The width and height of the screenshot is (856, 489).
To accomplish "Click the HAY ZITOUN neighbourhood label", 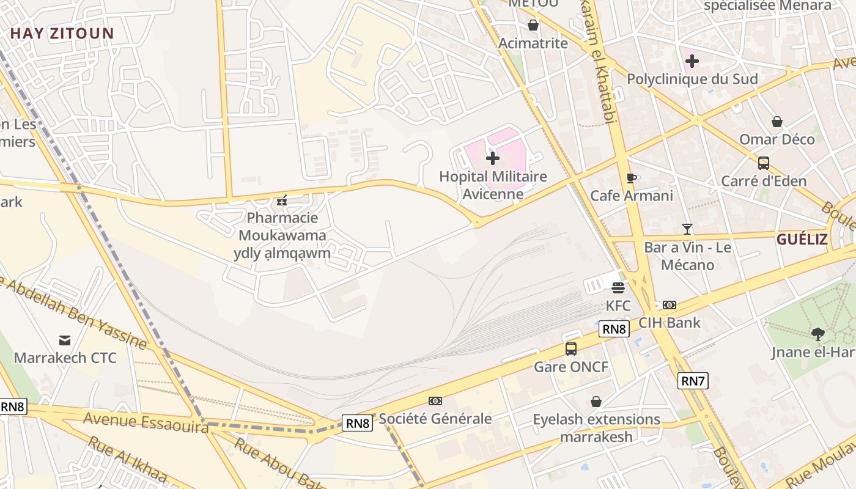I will coord(62,34).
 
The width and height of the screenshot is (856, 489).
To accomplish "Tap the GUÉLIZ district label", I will coord(802,239).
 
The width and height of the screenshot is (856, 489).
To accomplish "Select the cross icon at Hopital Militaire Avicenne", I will coord(492,159).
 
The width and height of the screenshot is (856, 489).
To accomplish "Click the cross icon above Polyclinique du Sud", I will coord(692,61).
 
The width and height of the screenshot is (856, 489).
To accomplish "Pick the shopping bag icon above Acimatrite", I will coord(533,25).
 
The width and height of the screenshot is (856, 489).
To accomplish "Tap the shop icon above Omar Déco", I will coord(777,122).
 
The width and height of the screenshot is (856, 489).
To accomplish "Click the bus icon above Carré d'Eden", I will coord(763,163).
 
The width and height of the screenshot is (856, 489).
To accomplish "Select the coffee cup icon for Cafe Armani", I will coord(632,178).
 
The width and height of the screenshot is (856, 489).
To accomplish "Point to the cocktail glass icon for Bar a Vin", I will coord(687,229).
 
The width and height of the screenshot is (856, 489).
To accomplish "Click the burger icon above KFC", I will coord(618,287).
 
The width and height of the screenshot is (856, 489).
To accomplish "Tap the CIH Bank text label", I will coord(670,322).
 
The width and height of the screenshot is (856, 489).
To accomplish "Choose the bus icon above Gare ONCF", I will coord(571,349).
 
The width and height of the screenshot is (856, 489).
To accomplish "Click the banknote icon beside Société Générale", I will coord(435,401).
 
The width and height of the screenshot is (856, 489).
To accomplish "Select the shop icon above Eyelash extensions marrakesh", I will coord(596,402).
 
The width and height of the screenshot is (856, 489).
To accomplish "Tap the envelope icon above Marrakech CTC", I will coord(65,340).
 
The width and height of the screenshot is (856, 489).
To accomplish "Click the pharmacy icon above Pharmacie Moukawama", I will coord(282,200).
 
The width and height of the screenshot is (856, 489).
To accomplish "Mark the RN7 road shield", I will coord(693,381).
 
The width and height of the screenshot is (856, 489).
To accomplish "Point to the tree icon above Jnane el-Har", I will coord(817,334).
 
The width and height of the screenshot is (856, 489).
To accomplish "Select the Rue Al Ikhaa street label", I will coord(127,459).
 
